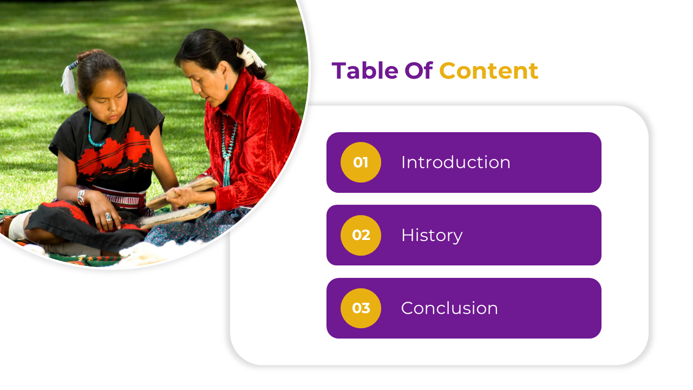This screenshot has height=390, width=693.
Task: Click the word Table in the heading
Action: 365,70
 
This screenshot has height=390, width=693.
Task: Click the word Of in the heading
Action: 419,70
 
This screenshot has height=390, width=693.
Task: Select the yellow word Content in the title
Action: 489,71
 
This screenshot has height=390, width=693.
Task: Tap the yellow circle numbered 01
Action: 361,162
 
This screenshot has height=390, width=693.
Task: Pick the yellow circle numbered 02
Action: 361,235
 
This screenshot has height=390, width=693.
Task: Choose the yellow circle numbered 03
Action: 361,308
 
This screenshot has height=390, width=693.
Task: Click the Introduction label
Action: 456,162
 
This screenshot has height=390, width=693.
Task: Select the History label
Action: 432,236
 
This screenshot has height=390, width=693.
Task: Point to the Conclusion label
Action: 449,308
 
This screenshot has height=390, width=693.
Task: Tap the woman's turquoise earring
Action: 226,86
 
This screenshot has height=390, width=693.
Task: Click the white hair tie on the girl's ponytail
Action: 69,79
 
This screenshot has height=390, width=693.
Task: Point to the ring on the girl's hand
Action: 108,217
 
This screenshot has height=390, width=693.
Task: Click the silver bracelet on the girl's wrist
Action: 81,198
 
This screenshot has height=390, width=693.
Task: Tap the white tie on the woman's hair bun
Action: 251,56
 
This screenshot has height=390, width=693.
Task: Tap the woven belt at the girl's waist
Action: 114,197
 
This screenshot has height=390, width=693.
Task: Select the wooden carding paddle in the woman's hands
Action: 182,193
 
